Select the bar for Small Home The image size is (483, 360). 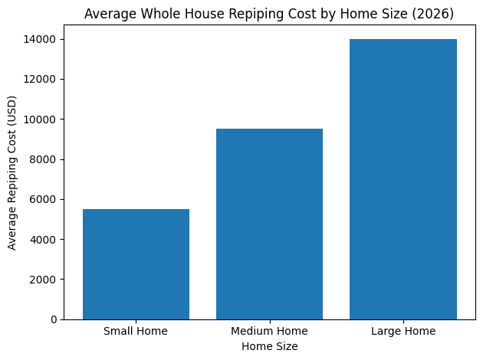tap(136, 264)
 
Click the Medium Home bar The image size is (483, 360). tap(269, 224)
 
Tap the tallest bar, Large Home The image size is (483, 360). tap(402, 179)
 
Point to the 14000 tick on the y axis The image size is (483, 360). tap(43, 39)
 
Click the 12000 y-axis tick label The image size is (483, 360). tap(43, 80)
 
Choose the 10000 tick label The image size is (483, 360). tap(43, 119)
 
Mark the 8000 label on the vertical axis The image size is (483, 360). tap(45, 159)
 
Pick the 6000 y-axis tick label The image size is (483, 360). tap(45, 200)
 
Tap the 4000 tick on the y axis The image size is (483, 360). tap(45, 240)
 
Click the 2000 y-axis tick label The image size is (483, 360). tap(45, 280)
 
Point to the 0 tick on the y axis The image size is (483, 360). tap(54, 319)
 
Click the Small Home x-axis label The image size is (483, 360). tap(136, 332)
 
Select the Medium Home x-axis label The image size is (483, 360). tap(269, 332)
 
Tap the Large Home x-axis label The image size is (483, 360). tap(402, 332)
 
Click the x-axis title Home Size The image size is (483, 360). tap(269, 346)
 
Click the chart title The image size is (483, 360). tap(269, 14)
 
